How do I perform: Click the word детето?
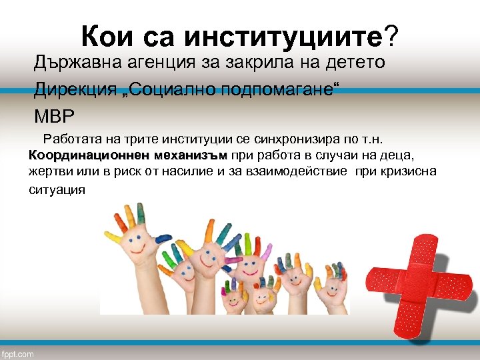pyautogui.click(x=353, y=63)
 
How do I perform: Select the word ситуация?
pyautogui.click(x=57, y=189)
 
